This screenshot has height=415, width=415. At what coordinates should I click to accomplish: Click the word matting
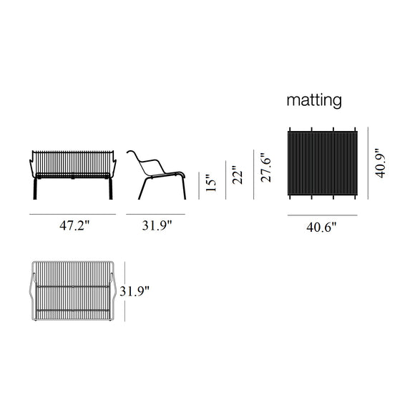tap(314, 100)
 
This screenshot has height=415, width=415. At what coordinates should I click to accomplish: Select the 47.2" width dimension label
tap(74, 226)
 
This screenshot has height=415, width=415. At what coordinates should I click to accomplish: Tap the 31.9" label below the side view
tap(157, 226)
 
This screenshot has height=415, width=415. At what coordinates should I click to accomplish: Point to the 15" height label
tap(207, 184)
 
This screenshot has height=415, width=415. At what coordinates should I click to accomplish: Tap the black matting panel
tap(321, 165)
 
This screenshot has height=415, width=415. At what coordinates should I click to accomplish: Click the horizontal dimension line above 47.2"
tap(73, 214)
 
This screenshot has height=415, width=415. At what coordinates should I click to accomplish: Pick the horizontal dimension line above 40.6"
tap(321, 215)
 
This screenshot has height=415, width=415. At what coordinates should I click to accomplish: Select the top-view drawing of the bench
tap(73, 292)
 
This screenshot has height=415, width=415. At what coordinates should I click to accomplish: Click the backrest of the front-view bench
tap(73, 159)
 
